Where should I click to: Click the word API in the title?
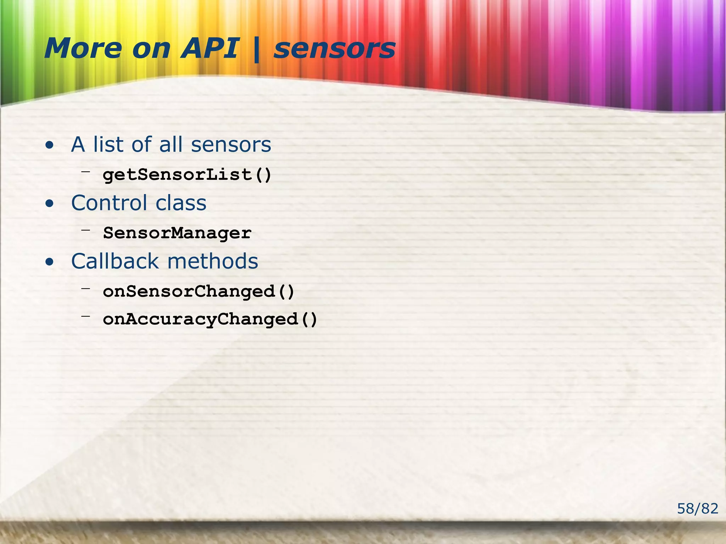pyautogui.click(x=210, y=48)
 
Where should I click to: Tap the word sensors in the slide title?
pyautogui.click(x=334, y=49)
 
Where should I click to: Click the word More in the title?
pyautogui.click(x=83, y=48)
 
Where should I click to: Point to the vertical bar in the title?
pyautogui.click(x=256, y=50)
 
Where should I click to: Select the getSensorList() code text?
pyautogui.click(x=187, y=175)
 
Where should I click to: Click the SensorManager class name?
pyautogui.click(x=177, y=233)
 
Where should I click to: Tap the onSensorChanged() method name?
pyautogui.click(x=199, y=291)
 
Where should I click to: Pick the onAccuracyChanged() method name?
pyautogui.click(x=210, y=319)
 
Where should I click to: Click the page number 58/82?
pyautogui.click(x=697, y=509)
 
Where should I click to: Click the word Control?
pyautogui.click(x=109, y=203)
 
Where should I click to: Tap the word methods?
pyautogui.click(x=213, y=261)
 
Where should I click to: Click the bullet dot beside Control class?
pyautogui.click(x=50, y=204)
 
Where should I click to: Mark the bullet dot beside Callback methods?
pyautogui.click(x=50, y=262)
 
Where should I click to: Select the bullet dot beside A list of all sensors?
pyautogui.click(x=50, y=145)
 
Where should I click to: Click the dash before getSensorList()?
pyautogui.click(x=85, y=172)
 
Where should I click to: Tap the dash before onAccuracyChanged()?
pyautogui.click(x=85, y=316)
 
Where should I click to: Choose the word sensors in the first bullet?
pyautogui.click(x=231, y=145)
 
